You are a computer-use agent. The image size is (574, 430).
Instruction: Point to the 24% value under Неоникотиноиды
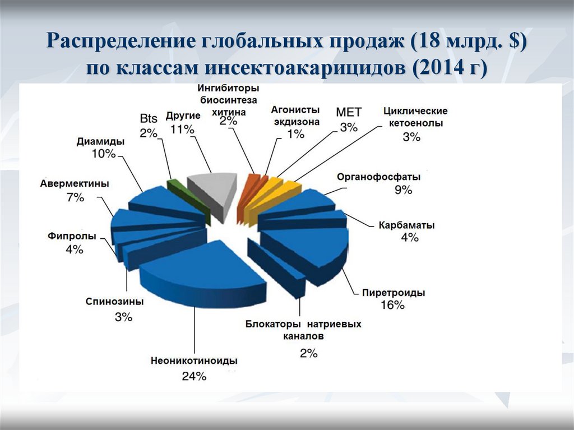[x=194, y=376]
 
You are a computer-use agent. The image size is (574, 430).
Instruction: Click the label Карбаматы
[x=406, y=225]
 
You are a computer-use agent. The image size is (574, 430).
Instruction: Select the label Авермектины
[x=75, y=184]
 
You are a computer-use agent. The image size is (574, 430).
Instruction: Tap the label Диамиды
[x=100, y=141]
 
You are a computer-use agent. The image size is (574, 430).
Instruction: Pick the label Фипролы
[x=72, y=237]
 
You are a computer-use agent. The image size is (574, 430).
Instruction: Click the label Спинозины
[x=115, y=302]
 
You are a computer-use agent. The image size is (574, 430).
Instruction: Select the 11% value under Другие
[x=183, y=129]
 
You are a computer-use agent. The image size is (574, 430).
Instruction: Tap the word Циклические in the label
[x=415, y=111]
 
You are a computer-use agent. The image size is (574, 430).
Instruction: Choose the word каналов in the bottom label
[x=302, y=337]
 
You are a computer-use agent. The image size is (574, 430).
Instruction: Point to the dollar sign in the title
[x=513, y=41]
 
